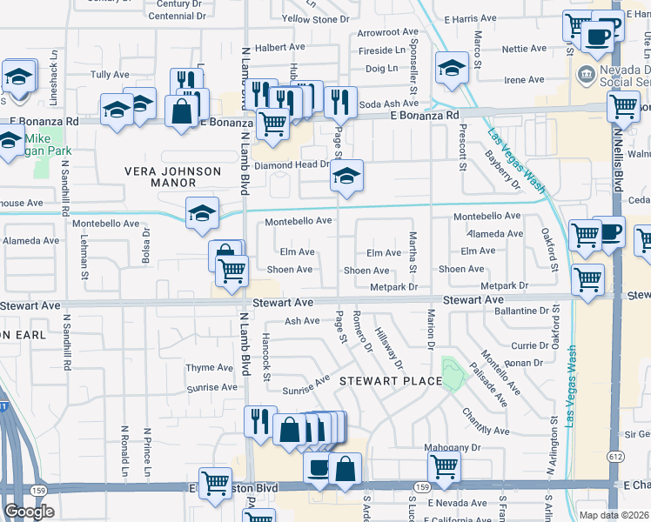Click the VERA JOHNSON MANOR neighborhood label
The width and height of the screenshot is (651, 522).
(172, 177)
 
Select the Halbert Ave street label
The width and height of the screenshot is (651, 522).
(279, 47)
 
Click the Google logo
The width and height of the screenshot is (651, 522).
(30, 512)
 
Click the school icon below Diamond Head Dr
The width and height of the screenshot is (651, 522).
(346, 178)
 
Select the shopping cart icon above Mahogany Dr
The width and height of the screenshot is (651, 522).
(445, 467)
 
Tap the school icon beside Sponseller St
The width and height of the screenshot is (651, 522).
(452, 68)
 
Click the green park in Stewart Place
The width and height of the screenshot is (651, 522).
(452, 373)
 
